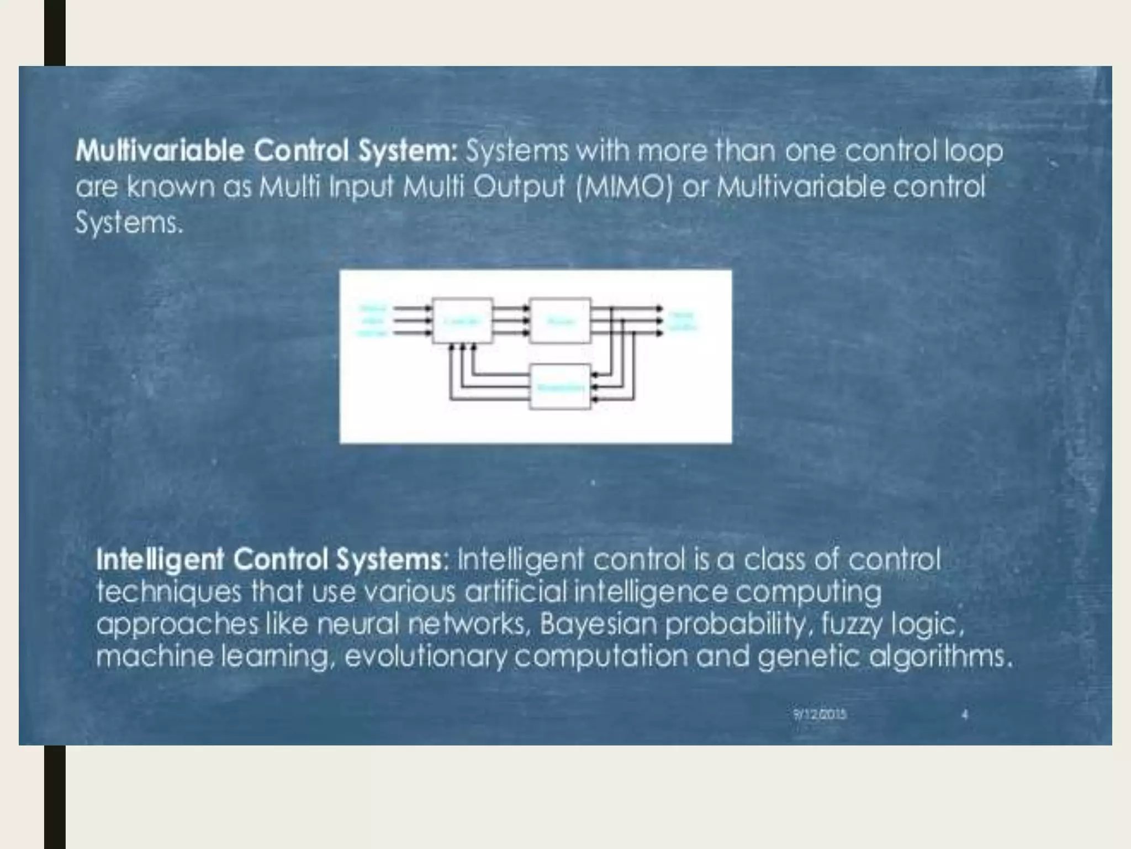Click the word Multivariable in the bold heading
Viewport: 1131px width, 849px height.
pos(160,151)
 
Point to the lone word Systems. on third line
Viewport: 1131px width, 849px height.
pos(129,223)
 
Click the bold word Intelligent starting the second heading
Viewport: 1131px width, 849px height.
pos(160,559)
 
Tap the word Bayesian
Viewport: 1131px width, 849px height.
pos(599,624)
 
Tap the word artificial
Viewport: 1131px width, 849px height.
pos(515,592)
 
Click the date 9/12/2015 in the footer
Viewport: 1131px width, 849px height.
pos(820,714)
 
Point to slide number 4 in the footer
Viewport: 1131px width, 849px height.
pos(965,714)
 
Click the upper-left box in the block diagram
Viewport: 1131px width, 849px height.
pos(462,321)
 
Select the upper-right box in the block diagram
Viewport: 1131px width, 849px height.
pos(560,321)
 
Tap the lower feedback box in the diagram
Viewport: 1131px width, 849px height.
pos(560,387)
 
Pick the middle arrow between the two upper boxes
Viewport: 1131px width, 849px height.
pos(510,321)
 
